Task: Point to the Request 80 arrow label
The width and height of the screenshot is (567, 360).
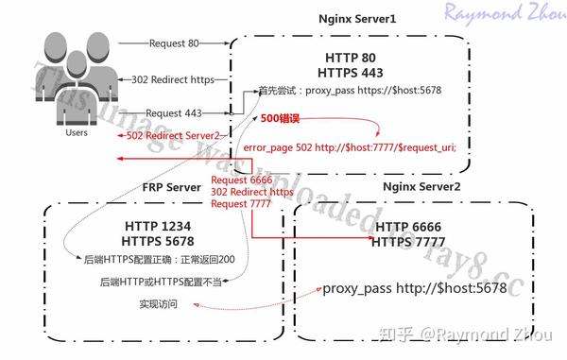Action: (175, 43)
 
